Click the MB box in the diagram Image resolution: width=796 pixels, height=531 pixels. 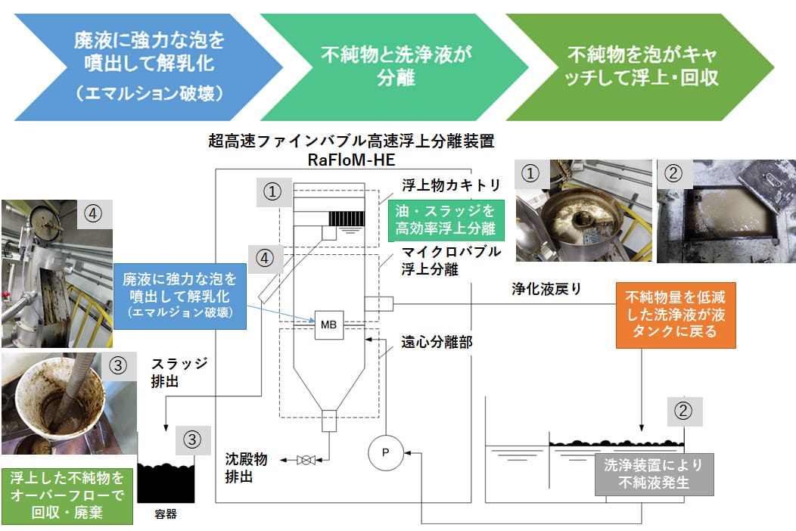point(328,324)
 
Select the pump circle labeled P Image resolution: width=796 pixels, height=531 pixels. point(385,454)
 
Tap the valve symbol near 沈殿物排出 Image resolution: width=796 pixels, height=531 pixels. point(306,459)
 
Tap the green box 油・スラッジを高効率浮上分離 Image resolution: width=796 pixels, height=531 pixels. point(445,219)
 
